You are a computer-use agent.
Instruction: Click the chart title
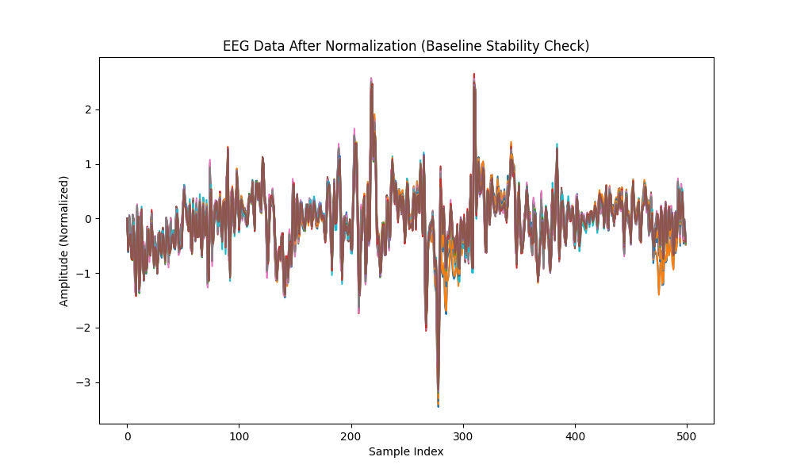tap(405, 46)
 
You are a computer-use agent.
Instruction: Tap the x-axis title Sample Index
tap(406, 451)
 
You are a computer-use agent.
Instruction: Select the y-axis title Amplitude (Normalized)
tap(64, 241)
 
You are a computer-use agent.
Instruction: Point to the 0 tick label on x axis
tap(127, 436)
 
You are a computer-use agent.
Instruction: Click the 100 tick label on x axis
tap(239, 436)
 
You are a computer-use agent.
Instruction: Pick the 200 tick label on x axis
tap(351, 436)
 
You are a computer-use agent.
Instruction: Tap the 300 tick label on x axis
tap(463, 436)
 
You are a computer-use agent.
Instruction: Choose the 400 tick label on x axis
tap(575, 436)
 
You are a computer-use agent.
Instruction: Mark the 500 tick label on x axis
tap(687, 436)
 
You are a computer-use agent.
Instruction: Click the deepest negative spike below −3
tap(438, 405)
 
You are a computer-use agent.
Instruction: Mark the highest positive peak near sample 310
tap(474, 76)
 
